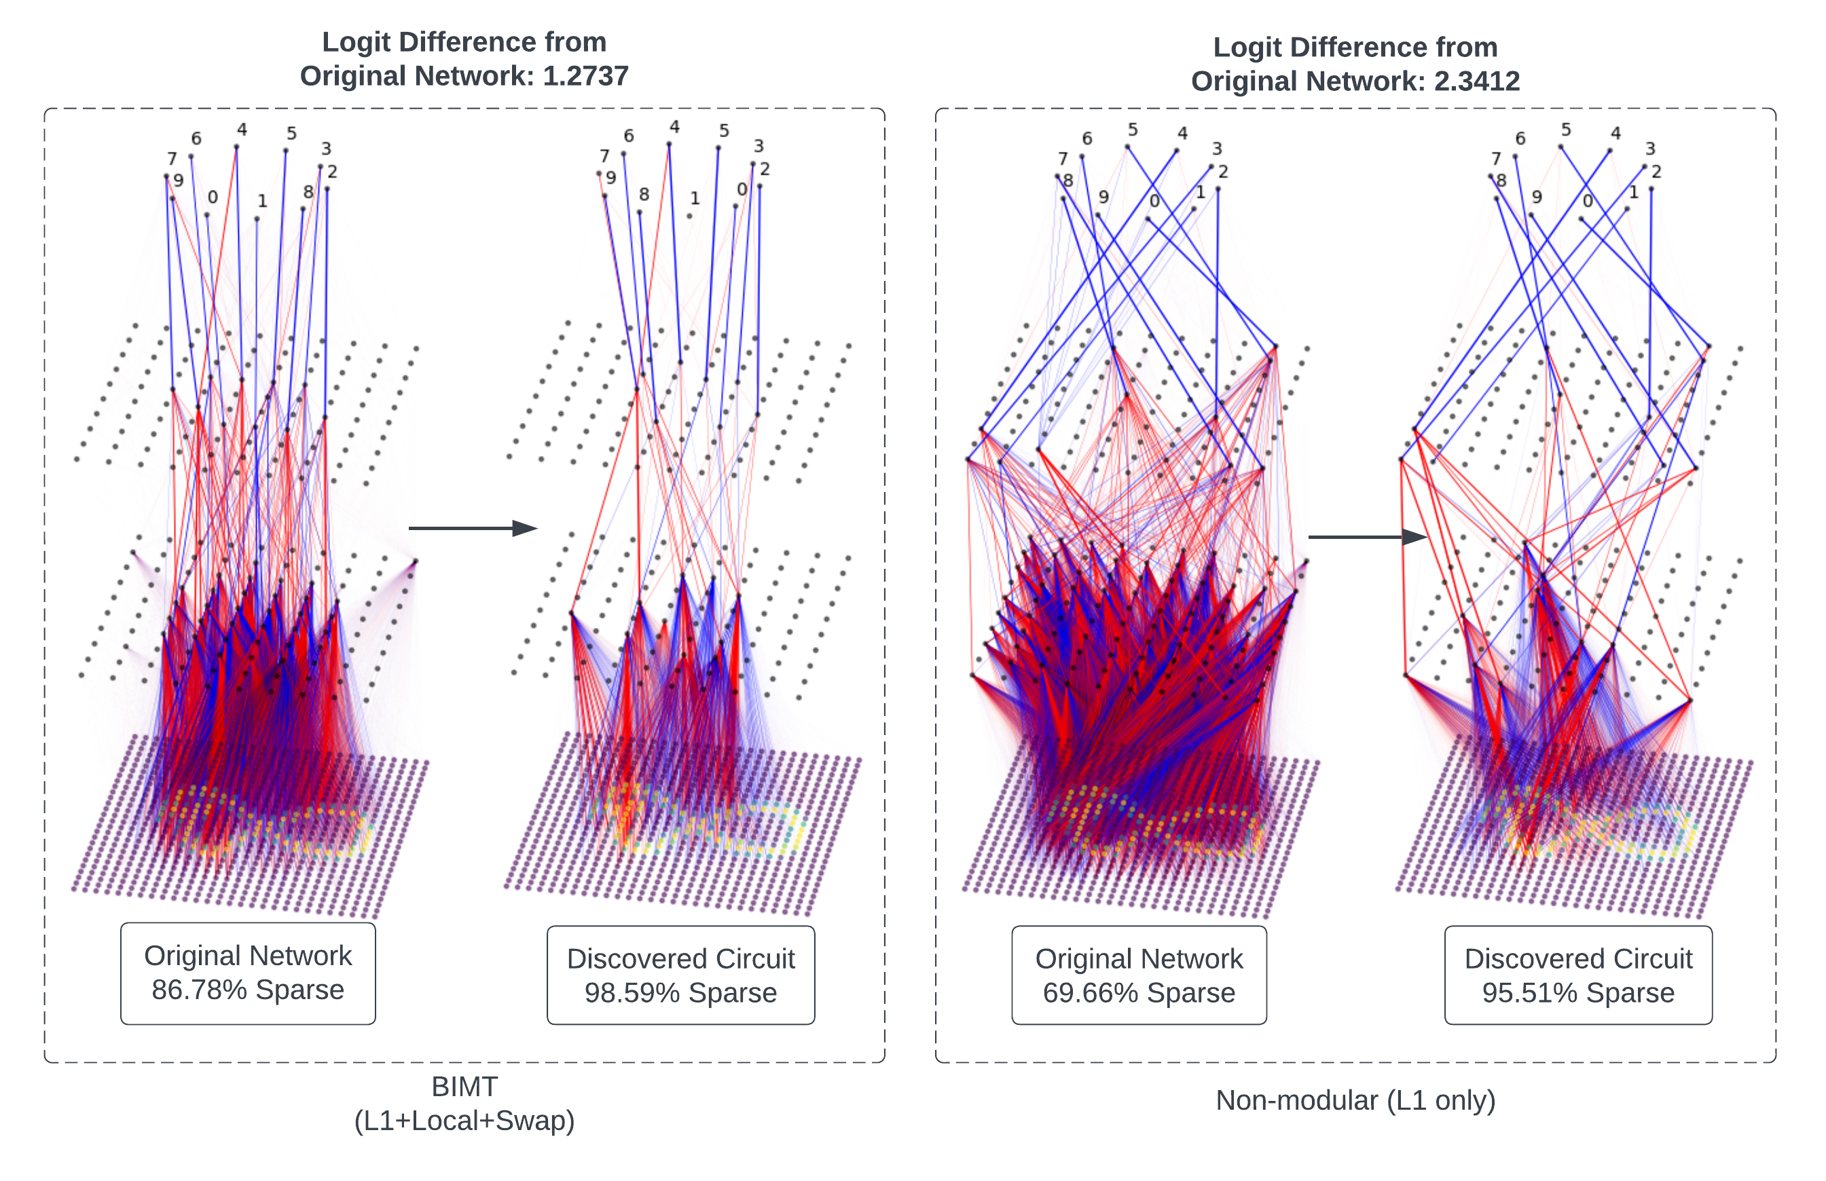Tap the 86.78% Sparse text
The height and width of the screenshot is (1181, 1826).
tap(248, 990)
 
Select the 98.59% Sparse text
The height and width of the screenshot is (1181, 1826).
tap(680, 993)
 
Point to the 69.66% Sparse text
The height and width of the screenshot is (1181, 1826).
tap(1139, 993)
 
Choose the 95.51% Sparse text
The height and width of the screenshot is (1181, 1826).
tap(1577, 993)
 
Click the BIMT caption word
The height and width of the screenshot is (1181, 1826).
tap(464, 1087)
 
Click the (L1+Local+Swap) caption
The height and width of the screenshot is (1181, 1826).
tap(464, 1121)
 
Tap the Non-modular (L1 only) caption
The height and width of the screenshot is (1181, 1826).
tap(1355, 1100)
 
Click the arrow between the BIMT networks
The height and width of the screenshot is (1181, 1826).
tap(472, 528)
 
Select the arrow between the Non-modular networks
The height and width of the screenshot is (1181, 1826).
tap(1366, 537)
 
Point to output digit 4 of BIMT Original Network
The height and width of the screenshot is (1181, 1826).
tap(242, 130)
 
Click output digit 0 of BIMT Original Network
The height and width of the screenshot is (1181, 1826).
tap(213, 197)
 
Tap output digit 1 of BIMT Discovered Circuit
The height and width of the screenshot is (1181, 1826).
tap(694, 198)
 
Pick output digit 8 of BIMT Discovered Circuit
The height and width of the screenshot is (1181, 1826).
tap(644, 194)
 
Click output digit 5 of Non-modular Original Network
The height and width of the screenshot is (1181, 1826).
tap(1133, 130)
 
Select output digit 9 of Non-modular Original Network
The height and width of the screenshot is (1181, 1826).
tap(1103, 196)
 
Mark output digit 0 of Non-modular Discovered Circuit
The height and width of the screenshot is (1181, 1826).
tap(1588, 201)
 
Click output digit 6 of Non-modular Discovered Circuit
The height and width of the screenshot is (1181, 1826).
tap(1520, 139)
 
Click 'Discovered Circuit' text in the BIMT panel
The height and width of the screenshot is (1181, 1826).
tap(680, 958)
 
